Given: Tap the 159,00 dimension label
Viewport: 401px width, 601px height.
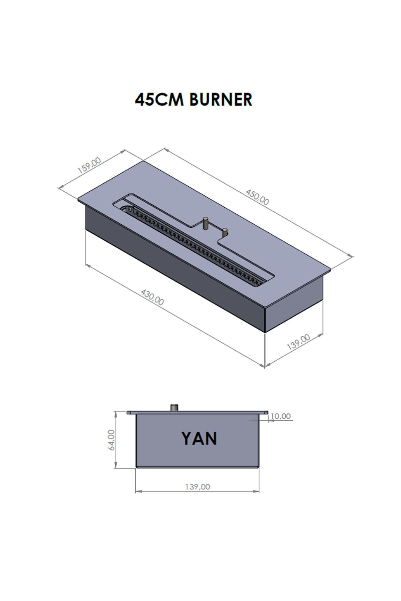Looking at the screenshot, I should pos(89,166).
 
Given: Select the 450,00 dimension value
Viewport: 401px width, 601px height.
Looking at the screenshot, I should pos(257,197).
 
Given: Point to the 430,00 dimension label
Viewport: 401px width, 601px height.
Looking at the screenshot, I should pos(152,297).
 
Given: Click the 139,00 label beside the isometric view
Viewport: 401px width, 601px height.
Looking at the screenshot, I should pos(298,342).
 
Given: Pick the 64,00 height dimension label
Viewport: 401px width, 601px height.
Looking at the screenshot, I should pos(111,440).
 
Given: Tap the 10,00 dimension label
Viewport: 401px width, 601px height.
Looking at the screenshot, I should pos(280,416).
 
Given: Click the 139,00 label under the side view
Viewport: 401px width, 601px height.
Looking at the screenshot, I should pos(197,487).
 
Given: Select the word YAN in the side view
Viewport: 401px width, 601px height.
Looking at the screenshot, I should pos(199,438).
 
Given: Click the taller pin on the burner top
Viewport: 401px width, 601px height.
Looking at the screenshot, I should pos(206,223).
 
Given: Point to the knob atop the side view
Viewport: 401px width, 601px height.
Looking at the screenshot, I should pos(174,408).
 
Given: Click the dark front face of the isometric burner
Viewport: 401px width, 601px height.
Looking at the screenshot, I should pos(174,267).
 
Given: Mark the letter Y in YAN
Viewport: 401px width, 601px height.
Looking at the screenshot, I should pos(188,438).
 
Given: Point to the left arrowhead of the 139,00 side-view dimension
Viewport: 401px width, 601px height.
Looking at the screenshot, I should pos(137,491).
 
